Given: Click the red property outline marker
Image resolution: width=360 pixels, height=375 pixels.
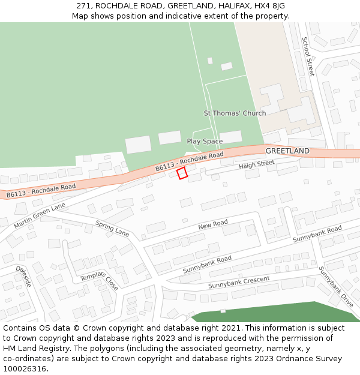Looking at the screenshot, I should [182, 173].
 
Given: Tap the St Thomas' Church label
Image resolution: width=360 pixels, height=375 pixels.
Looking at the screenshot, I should [235, 113].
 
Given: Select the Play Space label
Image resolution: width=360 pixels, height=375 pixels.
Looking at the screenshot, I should [205, 142].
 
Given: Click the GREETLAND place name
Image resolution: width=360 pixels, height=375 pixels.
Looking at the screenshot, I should [287, 151].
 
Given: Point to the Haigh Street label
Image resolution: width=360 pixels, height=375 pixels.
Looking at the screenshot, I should [256, 164].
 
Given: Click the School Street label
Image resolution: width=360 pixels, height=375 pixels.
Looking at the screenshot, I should [307, 56].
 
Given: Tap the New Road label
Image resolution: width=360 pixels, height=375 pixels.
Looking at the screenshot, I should [213, 225].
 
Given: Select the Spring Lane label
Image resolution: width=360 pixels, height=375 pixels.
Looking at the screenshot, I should [112, 228].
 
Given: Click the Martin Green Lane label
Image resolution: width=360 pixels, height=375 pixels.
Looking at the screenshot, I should [39, 215].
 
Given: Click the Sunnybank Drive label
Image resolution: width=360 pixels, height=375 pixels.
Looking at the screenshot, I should [335, 287].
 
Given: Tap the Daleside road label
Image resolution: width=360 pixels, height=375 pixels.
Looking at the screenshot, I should [23, 276].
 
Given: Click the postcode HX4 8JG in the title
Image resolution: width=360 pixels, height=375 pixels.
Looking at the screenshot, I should [268, 6].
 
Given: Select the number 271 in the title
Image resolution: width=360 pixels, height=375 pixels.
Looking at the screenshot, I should [83, 6].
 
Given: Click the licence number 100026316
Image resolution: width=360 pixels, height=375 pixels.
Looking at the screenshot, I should [25, 368].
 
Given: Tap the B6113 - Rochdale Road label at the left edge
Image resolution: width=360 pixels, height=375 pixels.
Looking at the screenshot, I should [41, 190].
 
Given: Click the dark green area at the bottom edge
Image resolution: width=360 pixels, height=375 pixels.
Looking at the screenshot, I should [270, 313].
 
